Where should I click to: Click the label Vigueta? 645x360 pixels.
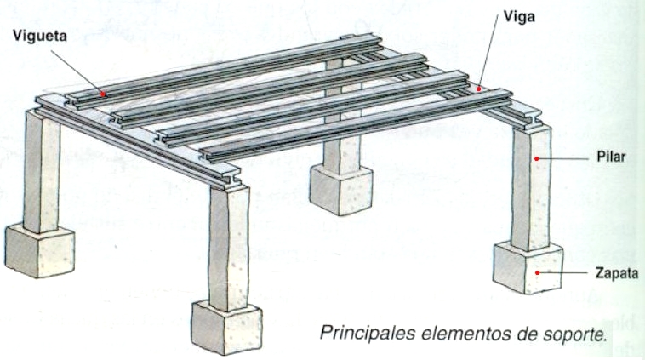pyautogui.click(x=40, y=37)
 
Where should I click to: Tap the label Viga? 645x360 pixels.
pyautogui.click(x=519, y=17)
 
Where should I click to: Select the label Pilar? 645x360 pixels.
pyautogui.click(x=611, y=157)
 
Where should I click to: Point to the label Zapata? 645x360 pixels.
pyautogui.click(x=617, y=273)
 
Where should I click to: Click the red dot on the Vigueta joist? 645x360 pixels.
pyautogui.click(x=103, y=94)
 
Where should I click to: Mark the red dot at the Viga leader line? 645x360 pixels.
pyautogui.click(x=478, y=88)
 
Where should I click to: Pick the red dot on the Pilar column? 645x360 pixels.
pyautogui.click(x=536, y=158)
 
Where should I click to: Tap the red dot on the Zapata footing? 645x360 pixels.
pyautogui.click(x=537, y=272)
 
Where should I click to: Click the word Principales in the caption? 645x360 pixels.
pyautogui.click(x=368, y=333)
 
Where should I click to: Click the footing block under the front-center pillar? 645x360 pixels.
pyautogui.click(x=226, y=327)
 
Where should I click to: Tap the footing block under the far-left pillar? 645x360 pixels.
pyautogui.click(x=40, y=250)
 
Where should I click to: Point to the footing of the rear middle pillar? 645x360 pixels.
pyautogui.click(x=341, y=189)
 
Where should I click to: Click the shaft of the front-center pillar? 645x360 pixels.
pyautogui.click(x=229, y=248)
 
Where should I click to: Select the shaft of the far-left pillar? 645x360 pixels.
pyautogui.click(x=41, y=172)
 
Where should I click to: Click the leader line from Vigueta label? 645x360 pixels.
pyautogui.click(x=77, y=72)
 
